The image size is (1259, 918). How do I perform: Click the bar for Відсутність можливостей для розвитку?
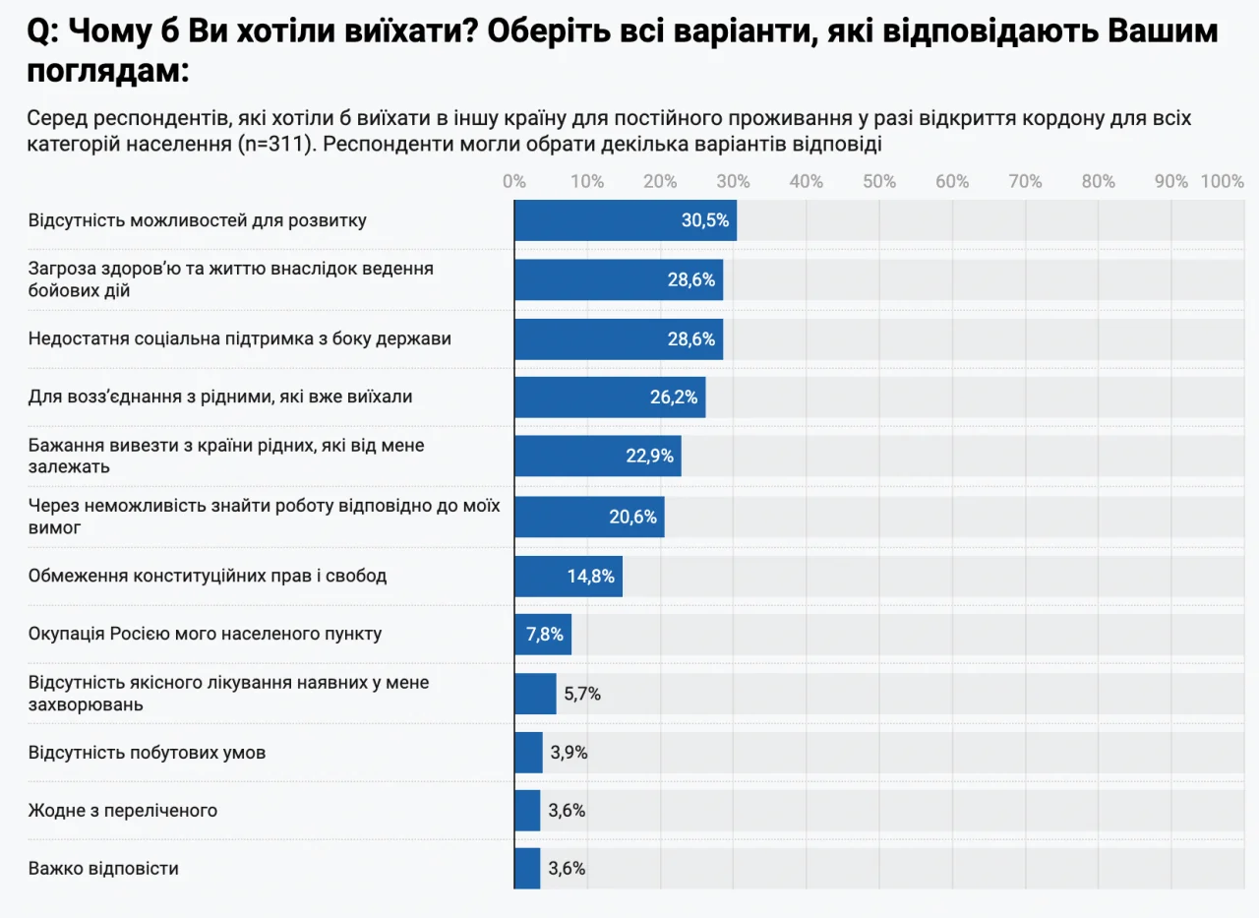(625, 220)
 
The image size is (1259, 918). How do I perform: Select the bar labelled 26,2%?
(609, 398)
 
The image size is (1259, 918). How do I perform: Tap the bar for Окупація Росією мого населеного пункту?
(542, 635)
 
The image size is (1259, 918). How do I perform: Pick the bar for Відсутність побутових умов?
(528, 753)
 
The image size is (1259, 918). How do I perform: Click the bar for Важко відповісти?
(527, 869)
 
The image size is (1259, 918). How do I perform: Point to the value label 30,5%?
(705, 220)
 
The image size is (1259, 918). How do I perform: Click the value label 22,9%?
(650, 457)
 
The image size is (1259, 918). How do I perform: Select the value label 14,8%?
(591, 576)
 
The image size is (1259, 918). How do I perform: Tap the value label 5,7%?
(582, 694)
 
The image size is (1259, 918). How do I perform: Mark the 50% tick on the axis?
(879, 181)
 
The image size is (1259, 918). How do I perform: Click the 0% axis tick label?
(513, 181)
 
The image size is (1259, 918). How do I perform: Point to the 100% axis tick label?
(1223, 181)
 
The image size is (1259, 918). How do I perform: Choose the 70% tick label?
(1026, 181)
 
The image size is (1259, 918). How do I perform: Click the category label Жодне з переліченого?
(123, 811)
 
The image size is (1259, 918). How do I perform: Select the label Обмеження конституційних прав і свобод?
(208, 576)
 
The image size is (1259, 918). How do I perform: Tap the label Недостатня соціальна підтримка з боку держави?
(240, 338)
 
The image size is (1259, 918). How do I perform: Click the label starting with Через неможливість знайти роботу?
(265, 517)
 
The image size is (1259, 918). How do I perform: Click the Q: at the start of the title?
(43, 31)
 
